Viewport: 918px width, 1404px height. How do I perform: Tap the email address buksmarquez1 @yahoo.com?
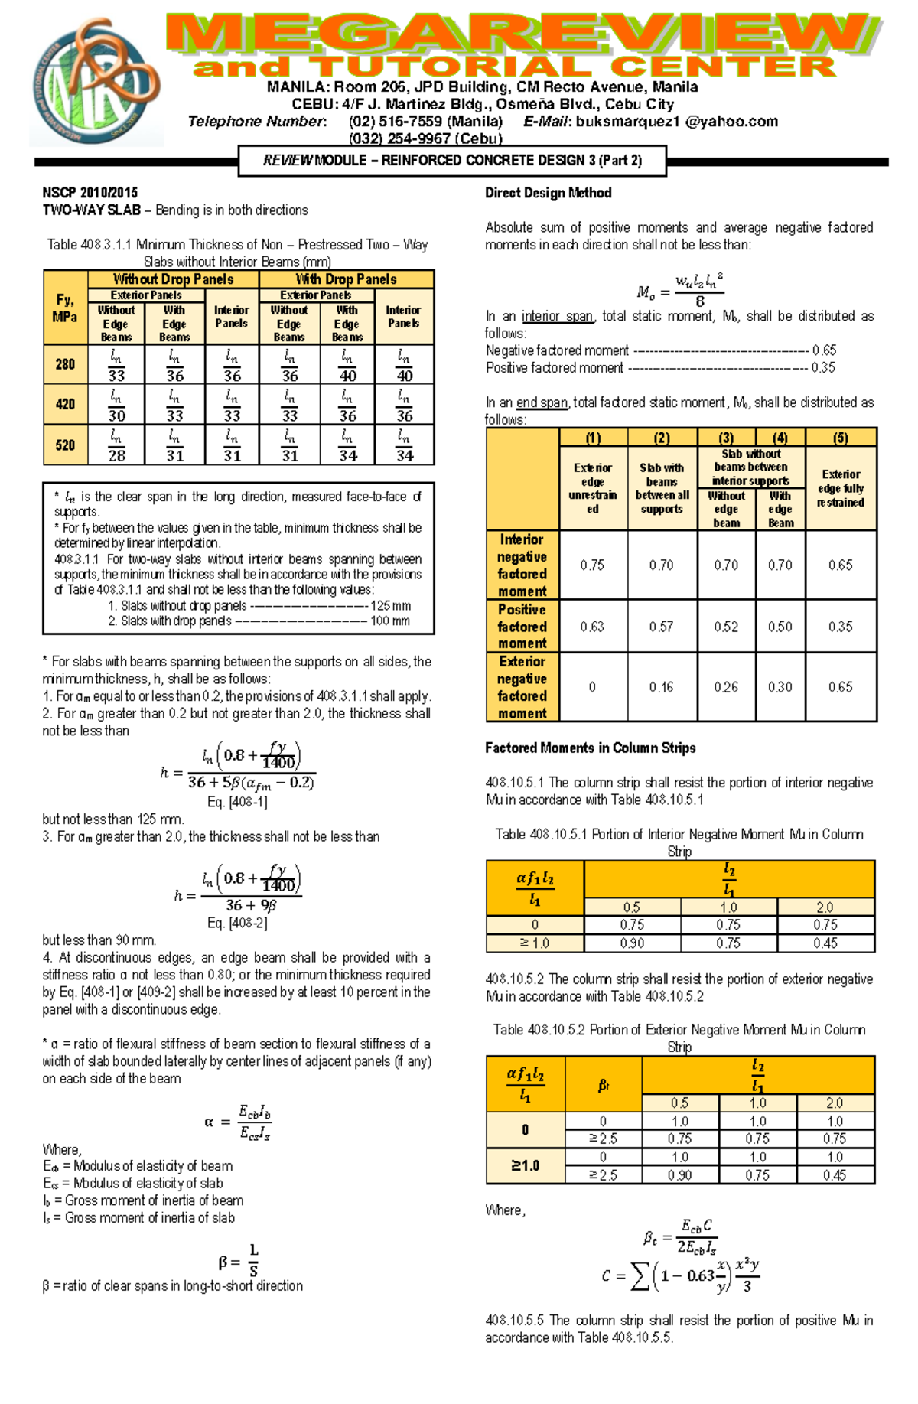pos(676,122)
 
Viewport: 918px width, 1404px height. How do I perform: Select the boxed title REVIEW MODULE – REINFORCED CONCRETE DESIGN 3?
pos(452,161)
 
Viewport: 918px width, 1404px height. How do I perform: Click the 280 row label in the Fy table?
pos(65,365)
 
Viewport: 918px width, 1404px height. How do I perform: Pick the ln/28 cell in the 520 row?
pos(116,445)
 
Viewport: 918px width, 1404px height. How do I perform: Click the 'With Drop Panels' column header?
pos(347,279)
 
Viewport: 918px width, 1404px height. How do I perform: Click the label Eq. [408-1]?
pos(237,802)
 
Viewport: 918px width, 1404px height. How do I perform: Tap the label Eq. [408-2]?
pos(237,924)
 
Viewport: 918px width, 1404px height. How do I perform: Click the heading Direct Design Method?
pos(548,193)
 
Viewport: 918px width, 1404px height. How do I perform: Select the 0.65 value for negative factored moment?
pos(824,350)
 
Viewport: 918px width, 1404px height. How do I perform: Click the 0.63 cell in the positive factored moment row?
pos(592,627)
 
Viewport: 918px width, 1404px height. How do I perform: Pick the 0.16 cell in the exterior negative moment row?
pos(661,687)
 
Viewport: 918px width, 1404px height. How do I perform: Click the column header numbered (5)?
pos(840,438)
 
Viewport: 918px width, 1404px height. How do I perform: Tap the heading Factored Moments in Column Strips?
pos(590,748)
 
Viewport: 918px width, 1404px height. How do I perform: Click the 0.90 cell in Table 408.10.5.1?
pos(632,943)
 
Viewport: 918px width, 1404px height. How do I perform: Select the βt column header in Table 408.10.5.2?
pos(603,1085)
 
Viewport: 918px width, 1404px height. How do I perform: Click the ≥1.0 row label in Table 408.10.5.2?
pos(525,1166)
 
